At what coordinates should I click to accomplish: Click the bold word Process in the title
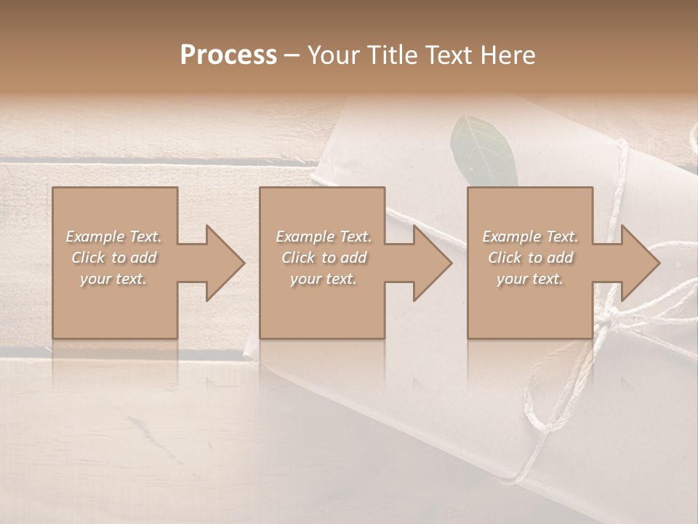[228, 55]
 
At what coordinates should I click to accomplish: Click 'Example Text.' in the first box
[113, 237]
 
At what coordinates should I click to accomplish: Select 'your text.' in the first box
[113, 279]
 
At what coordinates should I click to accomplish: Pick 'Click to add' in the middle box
[324, 258]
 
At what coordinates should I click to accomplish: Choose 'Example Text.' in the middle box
[324, 237]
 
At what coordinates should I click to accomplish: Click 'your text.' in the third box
[530, 279]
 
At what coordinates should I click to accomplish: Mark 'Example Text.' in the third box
[530, 237]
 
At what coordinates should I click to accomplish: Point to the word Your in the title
[332, 55]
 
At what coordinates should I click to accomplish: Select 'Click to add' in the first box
[113, 258]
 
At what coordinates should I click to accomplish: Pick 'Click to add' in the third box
[530, 258]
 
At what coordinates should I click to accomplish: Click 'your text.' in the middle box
[324, 279]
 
